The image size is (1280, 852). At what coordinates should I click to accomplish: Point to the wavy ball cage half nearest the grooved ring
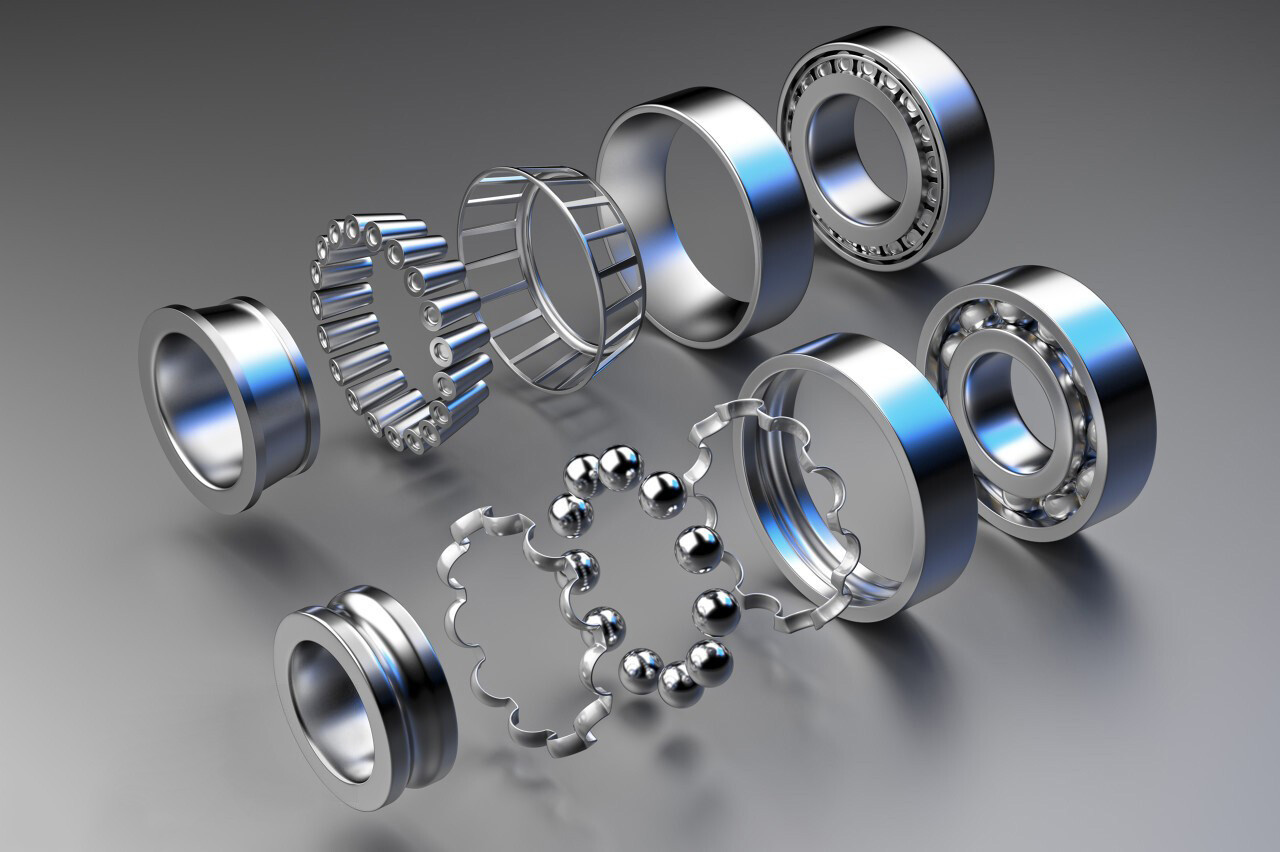pyautogui.click(x=510, y=640)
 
